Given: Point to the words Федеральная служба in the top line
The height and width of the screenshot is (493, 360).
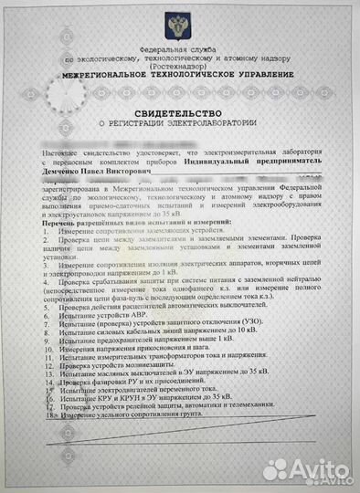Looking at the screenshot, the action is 180,47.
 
